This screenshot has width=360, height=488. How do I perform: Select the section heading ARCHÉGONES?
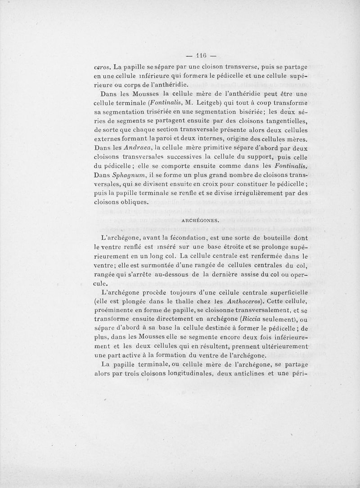(x=200, y=220)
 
